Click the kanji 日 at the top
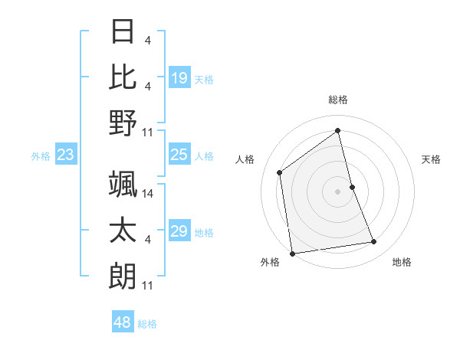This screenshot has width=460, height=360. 123,33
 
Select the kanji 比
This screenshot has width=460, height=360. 123,77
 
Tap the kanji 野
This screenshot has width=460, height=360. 123,123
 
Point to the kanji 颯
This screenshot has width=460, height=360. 123,185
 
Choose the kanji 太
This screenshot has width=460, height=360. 123,230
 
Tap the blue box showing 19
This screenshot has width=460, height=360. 179,78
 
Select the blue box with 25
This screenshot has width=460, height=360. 179,155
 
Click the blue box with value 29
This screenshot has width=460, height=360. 179,231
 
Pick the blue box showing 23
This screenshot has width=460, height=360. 66,155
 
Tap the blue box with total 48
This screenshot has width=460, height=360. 123,322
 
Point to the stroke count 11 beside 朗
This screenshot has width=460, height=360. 148,285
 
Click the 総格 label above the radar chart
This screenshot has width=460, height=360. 338,100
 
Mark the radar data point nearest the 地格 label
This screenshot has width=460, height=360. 374,242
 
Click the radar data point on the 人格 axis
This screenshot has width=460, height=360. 280,172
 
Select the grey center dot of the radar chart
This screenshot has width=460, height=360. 338,191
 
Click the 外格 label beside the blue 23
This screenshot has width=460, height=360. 41,156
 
